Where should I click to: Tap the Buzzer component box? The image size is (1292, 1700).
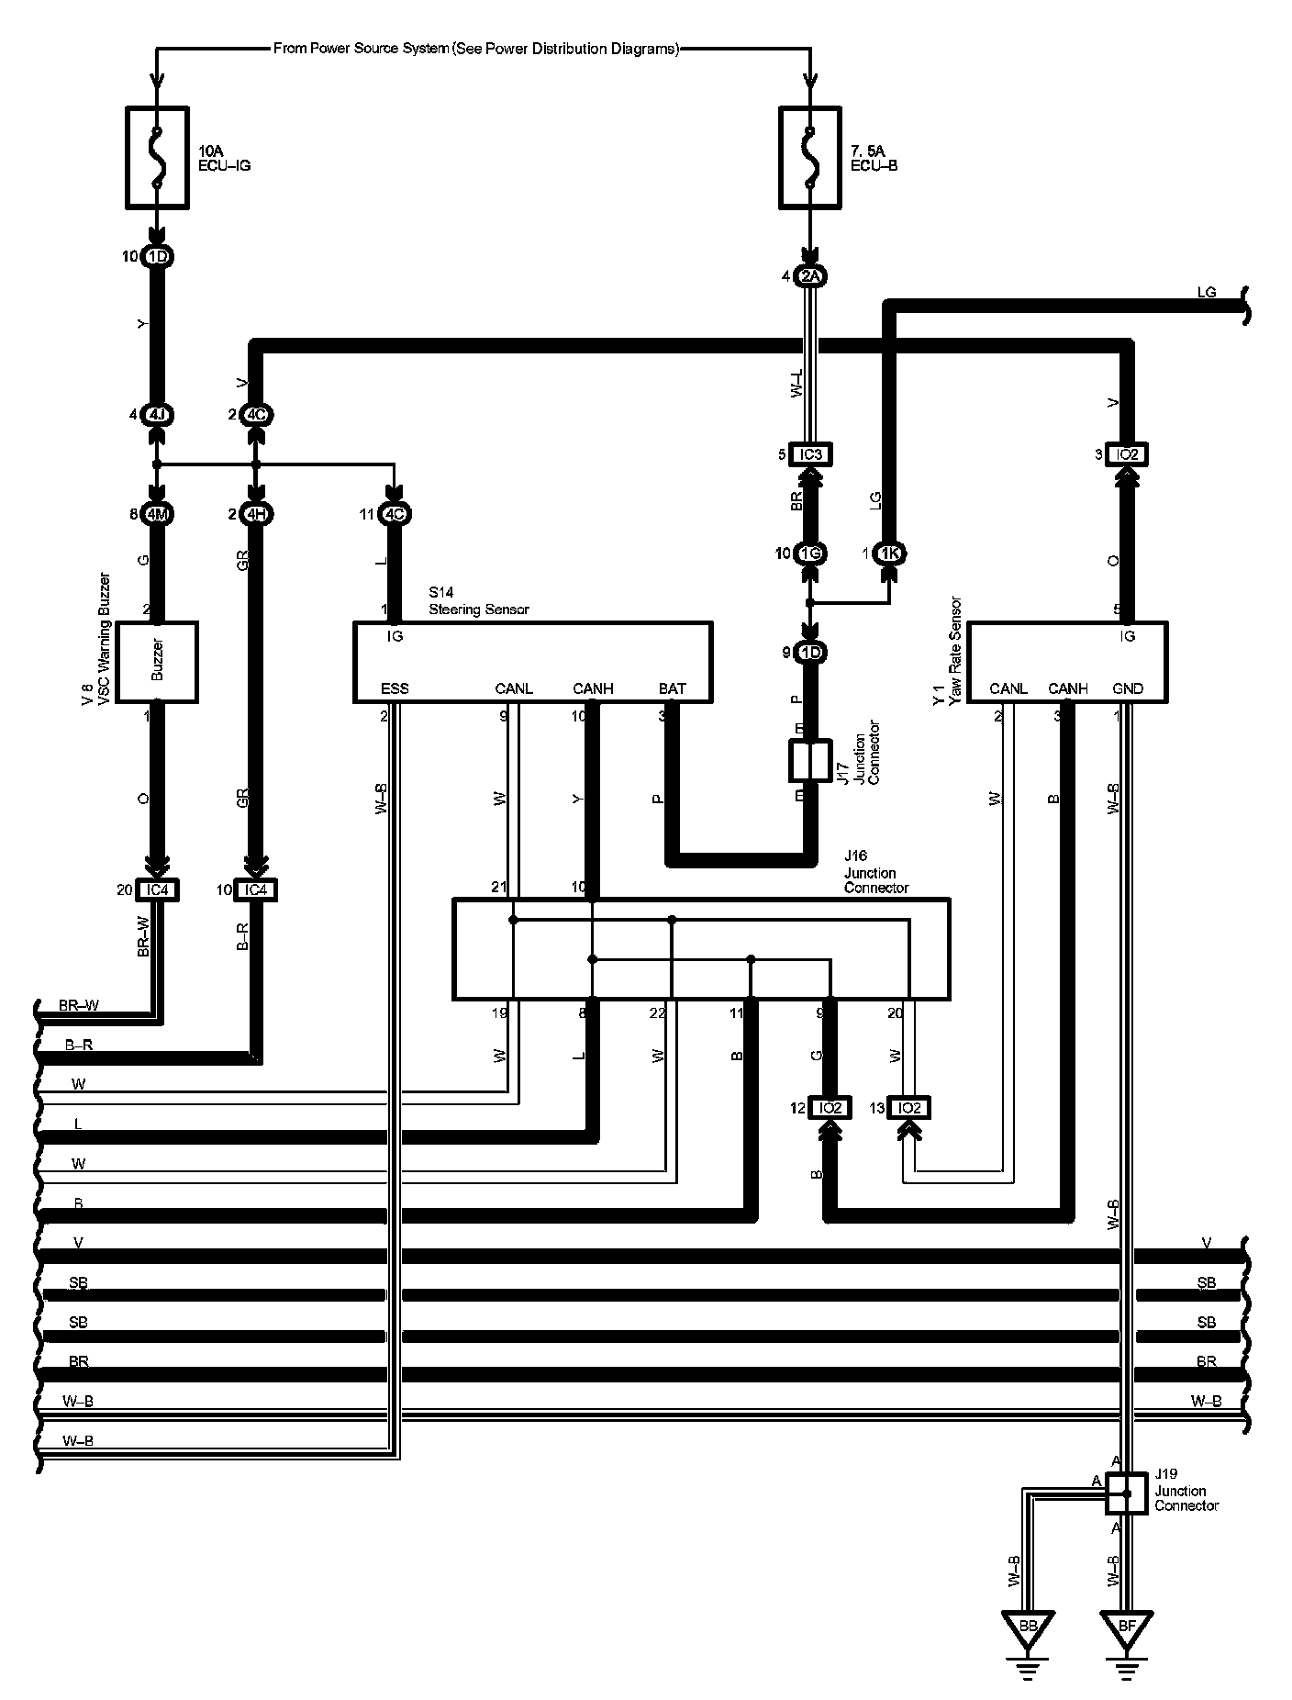pos(157,662)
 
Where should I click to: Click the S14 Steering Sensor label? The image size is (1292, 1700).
pos(478,601)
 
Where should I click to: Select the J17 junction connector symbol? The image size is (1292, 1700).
pos(809,762)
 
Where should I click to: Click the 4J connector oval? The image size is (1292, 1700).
pos(157,415)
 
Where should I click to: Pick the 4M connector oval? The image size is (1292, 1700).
pos(157,514)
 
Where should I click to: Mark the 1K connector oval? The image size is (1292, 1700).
pos(889,554)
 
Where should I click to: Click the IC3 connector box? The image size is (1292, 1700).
pos(810,454)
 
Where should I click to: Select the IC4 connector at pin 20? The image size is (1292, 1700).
pos(157,889)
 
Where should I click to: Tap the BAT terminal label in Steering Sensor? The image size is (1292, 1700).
pos(672,688)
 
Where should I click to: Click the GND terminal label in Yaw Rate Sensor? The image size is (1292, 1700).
pos(1127,688)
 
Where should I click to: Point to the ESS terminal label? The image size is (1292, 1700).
pos(395,688)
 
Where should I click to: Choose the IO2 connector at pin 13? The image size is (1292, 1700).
pos(909,1108)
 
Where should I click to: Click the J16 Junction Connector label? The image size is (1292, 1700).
pos(876,873)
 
